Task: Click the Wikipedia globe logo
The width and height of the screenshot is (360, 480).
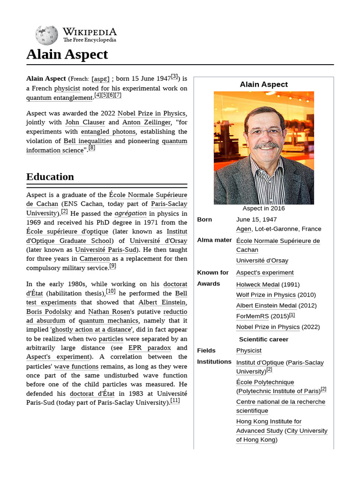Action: click(46, 35)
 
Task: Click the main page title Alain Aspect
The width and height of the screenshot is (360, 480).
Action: click(67, 54)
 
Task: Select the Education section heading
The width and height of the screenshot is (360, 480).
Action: click(50, 177)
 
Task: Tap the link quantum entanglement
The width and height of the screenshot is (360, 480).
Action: click(60, 97)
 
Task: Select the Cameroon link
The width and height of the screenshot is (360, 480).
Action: click(95, 259)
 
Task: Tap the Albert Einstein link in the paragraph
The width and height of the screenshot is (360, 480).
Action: click(162, 302)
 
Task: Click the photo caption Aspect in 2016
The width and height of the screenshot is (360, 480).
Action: click(263, 209)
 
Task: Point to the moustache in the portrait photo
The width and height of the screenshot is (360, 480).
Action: click(267, 145)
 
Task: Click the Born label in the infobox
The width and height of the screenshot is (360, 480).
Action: click(205, 219)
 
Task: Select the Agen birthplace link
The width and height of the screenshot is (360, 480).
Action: click(244, 229)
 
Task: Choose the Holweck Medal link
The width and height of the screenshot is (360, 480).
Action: click(258, 285)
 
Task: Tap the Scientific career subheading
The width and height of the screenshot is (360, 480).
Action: click(263, 339)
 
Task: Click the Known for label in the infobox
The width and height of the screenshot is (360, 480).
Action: click(213, 272)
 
